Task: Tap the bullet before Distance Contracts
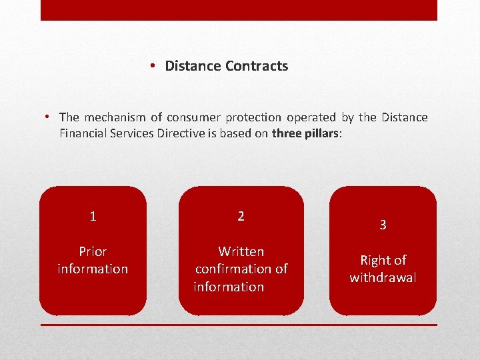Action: [153, 65]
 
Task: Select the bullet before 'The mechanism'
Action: [48, 117]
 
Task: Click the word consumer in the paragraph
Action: [194, 117]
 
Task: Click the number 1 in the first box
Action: [93, 216]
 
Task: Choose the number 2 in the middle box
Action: [241, 216]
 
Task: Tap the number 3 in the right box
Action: [383, 225]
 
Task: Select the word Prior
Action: [93, 251]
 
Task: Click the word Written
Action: [241, 251]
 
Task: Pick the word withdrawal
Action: [383, 277]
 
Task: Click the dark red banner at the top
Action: [239, 10]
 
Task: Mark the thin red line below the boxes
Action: [239, 325]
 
